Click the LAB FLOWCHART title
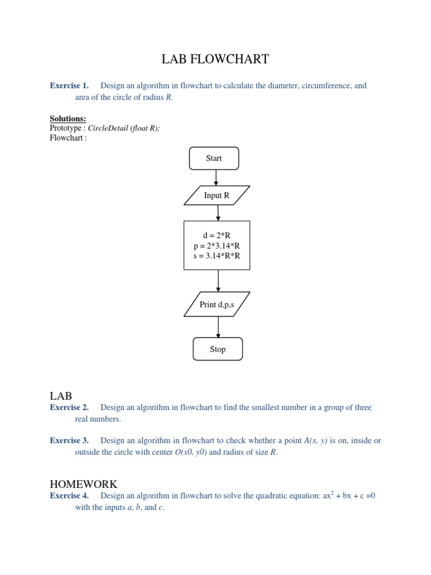click(215, 59)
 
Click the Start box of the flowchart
click(214, 158)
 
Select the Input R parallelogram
click(217, 195)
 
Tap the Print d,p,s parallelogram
click(217, 304)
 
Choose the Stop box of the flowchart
click(218, 349)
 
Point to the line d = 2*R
click(217, 235)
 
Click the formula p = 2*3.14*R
click(217, 246)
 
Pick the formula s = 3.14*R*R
click(217, 256)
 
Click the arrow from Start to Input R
click(216, 177)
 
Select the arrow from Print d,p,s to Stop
click(218, 327)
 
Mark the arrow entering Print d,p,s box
click(218, 281)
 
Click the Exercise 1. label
click(69, 86)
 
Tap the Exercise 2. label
click(69, 408)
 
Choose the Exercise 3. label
click(69, 441)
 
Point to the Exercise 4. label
click(69, 496)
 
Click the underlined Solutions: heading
click(68, 118)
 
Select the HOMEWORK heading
click(84, 484)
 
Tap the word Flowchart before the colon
click(66, 138)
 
